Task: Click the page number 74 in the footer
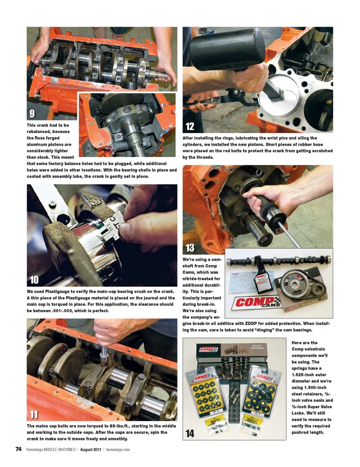pos(18,449)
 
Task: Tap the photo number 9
pos(32,114)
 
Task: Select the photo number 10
pos(34,280)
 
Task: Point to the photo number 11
pos(34,415)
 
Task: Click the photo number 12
pos(190,126)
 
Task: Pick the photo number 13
pos(190,248)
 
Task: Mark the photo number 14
pos(190,434)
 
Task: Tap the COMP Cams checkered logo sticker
pos(256,303)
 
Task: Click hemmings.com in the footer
pos(118,450)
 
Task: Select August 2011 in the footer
pos(91,450)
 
